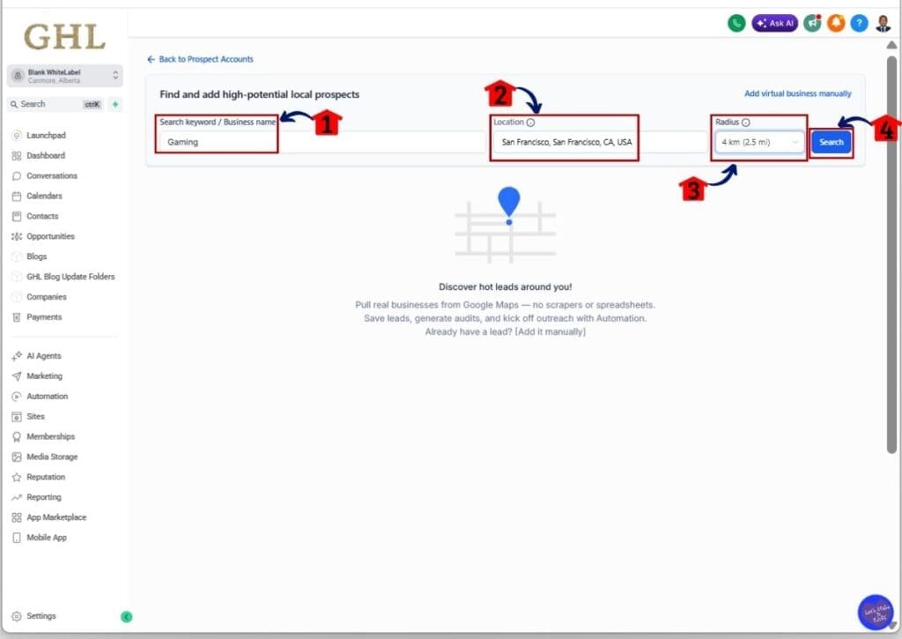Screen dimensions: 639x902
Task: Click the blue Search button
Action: click(x=831, y=142)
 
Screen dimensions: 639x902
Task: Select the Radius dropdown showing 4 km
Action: click(x=759, y=142)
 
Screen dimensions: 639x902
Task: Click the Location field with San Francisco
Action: click(x=565, y=142)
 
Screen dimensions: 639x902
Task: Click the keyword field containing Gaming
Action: click(x=217, y=142)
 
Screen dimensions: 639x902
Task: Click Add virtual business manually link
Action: click(x=797, y=93)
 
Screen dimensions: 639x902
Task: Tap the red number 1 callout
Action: click(x=327, y=123)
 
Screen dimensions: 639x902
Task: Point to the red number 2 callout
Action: click(x=499, y=93)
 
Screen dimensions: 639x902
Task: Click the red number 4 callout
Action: click(x=887, y=130)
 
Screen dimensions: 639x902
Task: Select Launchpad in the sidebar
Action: click(x=46, y=136)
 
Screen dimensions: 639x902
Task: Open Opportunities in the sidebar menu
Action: click(x=50, y=236)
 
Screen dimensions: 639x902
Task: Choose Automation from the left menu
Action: click(x=47, y=397)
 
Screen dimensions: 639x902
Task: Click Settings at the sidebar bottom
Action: click(x=41, y=616)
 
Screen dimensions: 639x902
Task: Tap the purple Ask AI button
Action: click(x=775, y=24)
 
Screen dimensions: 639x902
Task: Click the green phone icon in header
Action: click(x=736, y=24)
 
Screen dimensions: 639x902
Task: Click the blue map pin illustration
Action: click(x=508, y=203)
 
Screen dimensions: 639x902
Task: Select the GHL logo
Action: click(x=63, y=37)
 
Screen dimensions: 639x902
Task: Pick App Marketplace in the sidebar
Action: click(x=56, y=517)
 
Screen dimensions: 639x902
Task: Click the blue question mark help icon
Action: click(x=859, y=24)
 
